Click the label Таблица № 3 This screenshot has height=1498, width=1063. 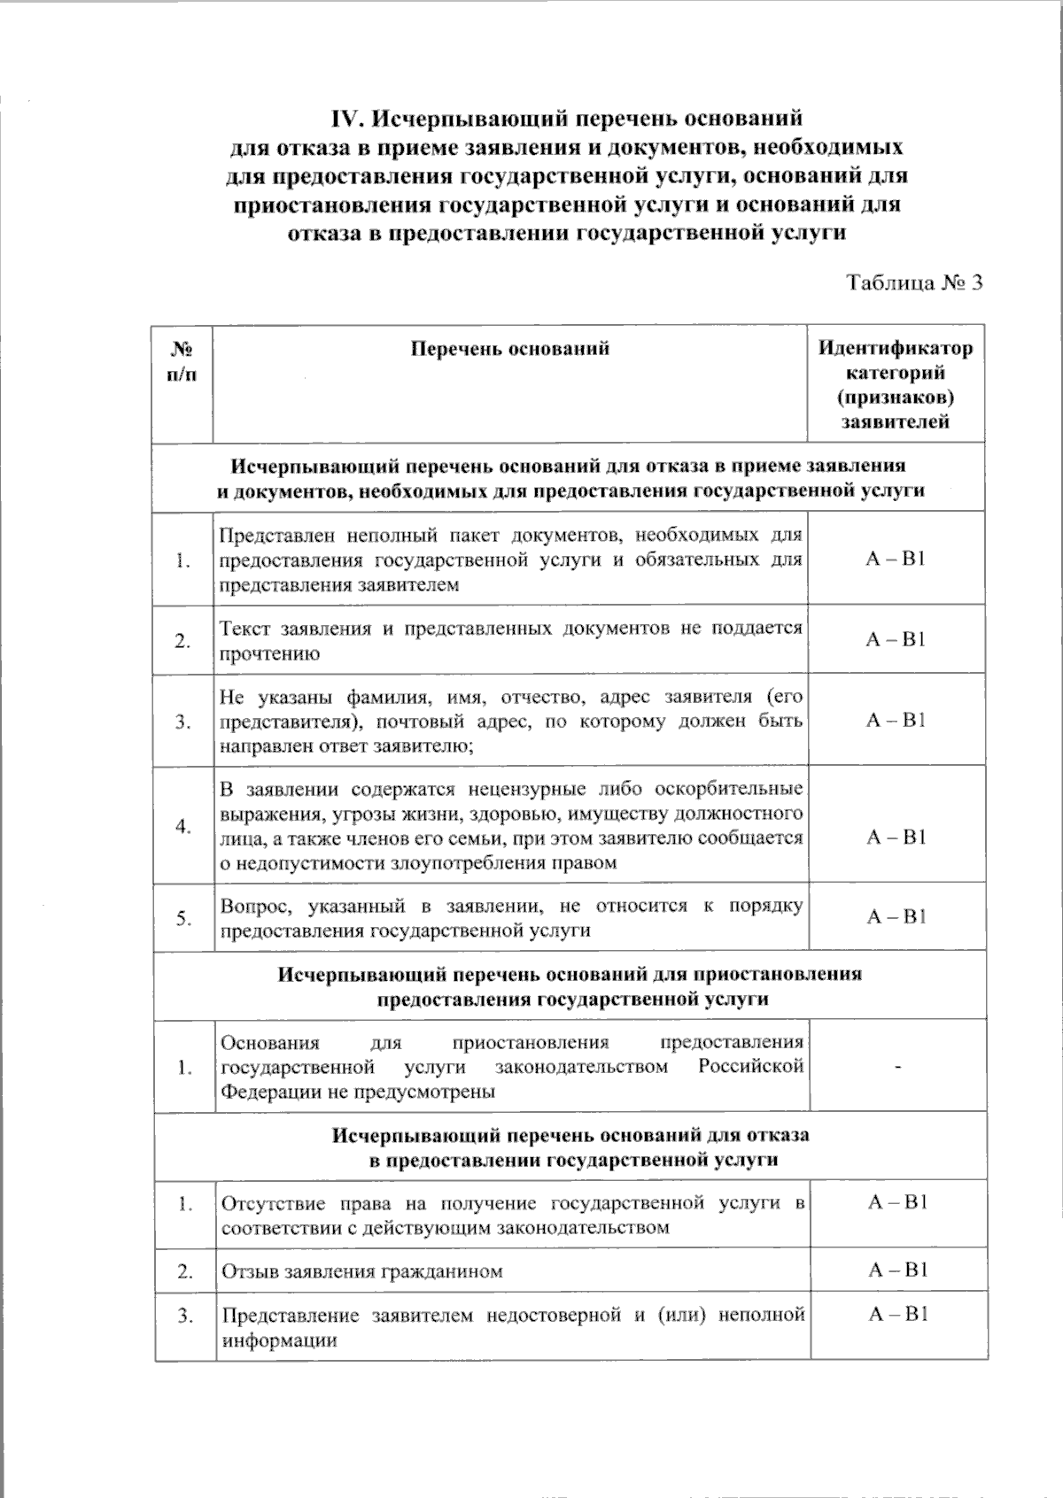[x=915, y=282]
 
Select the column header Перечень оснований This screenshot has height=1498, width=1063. [x=510, y=348]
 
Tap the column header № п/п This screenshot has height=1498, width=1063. [x=182, y=360]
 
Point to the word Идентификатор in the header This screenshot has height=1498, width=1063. [x=895, y=348]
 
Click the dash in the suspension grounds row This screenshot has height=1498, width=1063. [x=897, y=1067]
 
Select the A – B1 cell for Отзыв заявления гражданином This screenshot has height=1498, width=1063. [x=897, y=1270]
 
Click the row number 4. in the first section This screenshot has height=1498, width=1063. [x=182, y=826]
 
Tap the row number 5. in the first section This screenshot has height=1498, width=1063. [x=182, y=918]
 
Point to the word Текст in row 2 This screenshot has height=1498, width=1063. [x=245, y=629]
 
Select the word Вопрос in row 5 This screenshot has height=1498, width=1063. [x=252, y=906]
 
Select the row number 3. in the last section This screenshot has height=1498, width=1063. [x=184, y=1316]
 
